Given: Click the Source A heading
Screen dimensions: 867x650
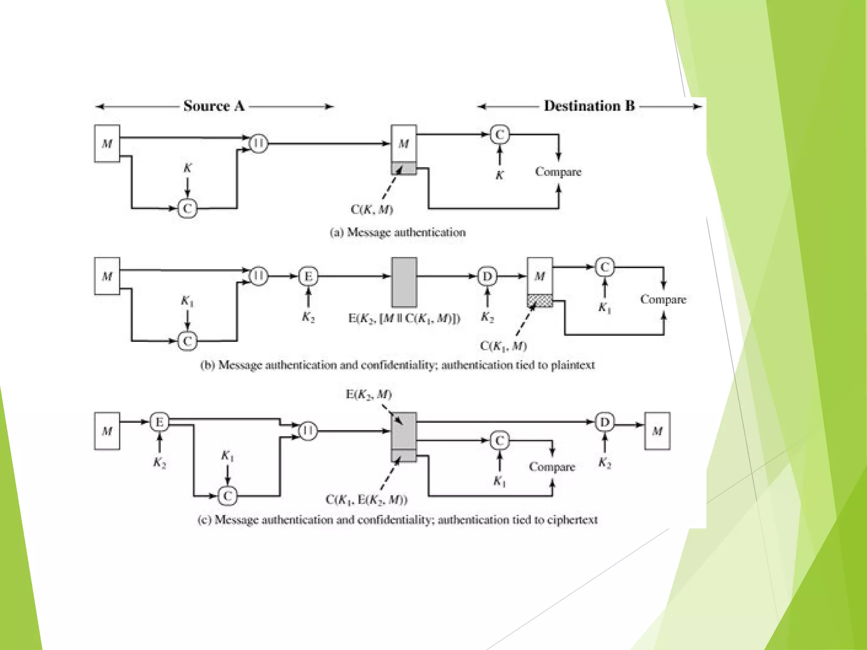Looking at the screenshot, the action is click(x=214, y=106).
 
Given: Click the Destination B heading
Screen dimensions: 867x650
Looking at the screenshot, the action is click(x=589, y=106).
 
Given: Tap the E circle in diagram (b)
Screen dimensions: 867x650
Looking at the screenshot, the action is click(x=308, y=276).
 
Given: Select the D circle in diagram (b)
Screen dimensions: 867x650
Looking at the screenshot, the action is click(x=487, y=276).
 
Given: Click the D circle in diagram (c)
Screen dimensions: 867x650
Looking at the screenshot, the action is click(x=605, y=422).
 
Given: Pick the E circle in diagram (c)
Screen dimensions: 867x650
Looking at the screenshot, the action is click(x=160, y=422).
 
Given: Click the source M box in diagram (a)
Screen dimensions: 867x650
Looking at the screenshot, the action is click(x=107, y=143).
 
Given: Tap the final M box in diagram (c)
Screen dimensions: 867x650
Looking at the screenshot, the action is click(x=657, y=431).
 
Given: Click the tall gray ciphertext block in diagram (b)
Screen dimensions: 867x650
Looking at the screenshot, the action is click(x=404, y=282).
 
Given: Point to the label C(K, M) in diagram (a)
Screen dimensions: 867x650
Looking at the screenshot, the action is click(x=372, y=209).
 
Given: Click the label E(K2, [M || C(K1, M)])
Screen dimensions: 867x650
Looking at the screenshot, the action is click(x=404, y=318).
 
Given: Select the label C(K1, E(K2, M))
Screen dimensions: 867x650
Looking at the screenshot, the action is click(x=366, y=500).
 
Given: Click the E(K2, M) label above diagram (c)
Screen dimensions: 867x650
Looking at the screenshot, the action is click(x=369, y=394).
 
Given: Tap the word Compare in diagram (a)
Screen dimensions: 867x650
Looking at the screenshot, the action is click(x=558, y=172).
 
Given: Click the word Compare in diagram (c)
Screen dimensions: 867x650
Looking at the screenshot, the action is click(x=552, y=467).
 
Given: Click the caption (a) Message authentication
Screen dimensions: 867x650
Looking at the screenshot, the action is click(x=398, y=232).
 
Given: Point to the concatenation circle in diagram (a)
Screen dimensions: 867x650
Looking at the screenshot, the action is click(x=258, y=143).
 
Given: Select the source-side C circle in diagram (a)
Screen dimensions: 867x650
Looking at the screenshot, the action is click(x=187, y=208).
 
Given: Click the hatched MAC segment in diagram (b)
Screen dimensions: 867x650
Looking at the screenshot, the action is click(x=540, y=301).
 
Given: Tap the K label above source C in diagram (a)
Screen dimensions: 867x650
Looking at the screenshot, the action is click(x=188, y=168).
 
